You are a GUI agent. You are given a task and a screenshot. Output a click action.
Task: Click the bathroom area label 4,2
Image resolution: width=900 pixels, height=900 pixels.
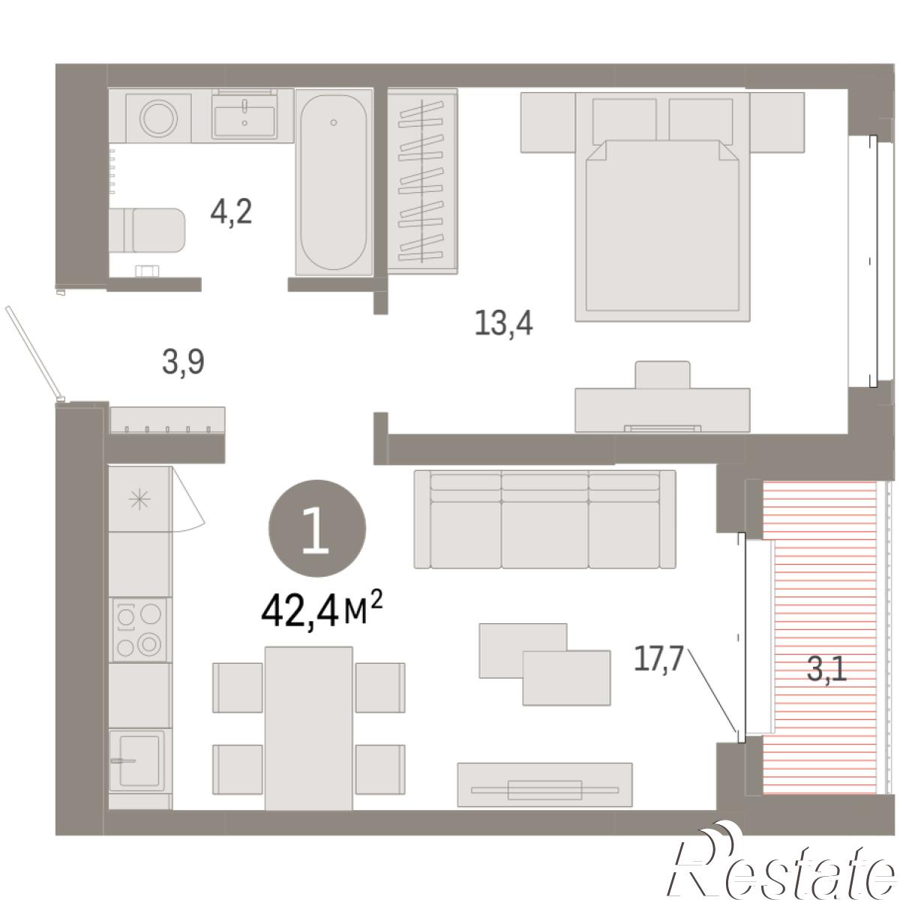(231, 211)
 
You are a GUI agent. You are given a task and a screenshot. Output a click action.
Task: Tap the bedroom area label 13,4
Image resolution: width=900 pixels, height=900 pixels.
(503, 322)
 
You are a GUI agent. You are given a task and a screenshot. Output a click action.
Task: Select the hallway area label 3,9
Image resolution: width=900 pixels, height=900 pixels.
(183, 362)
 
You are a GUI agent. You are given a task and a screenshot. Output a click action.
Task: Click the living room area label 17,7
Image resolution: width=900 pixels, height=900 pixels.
(658, 658)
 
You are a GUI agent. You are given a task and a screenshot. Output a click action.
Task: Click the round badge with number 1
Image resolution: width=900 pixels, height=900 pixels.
(317, 528)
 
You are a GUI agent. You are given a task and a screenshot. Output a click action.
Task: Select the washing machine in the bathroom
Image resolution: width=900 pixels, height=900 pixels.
(159, 118)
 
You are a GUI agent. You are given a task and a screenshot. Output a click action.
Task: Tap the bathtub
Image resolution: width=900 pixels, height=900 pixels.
(334, 182)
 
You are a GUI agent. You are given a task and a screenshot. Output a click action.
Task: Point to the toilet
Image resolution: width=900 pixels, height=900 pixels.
(147, 230)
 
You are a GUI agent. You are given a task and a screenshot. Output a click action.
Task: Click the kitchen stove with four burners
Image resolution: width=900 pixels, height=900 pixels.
(139, 629)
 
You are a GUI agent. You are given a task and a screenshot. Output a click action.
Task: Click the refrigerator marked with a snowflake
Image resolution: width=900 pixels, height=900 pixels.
(139, 499)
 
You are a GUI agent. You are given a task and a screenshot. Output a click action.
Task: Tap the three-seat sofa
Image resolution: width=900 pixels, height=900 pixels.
(545, 519)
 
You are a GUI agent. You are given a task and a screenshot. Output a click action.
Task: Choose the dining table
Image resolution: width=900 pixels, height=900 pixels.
(309, 728)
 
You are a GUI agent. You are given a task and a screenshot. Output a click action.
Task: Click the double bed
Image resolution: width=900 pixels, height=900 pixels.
(662, 207)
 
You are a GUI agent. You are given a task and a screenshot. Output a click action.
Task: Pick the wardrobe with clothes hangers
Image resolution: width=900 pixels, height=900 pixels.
(422, 181)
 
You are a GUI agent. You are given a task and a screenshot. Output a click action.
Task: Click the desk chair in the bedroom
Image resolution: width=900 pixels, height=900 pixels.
(662, 374)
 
